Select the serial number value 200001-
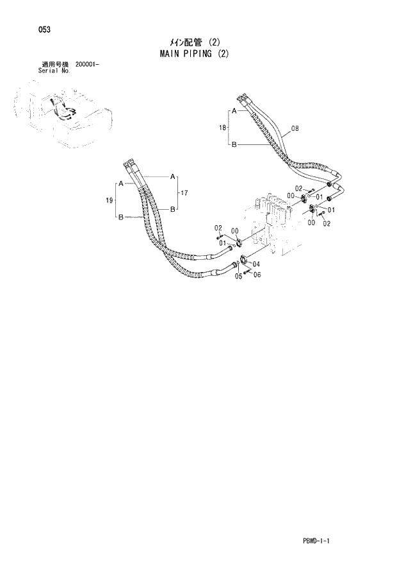point(91,65)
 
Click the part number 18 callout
point(222,128)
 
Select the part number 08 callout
point(295,129)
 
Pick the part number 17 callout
point(184,192)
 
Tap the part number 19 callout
point(109,201)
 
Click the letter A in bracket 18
point(234,112)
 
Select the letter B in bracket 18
point(234,145)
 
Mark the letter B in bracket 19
point(120,218)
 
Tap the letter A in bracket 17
point(172,176)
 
